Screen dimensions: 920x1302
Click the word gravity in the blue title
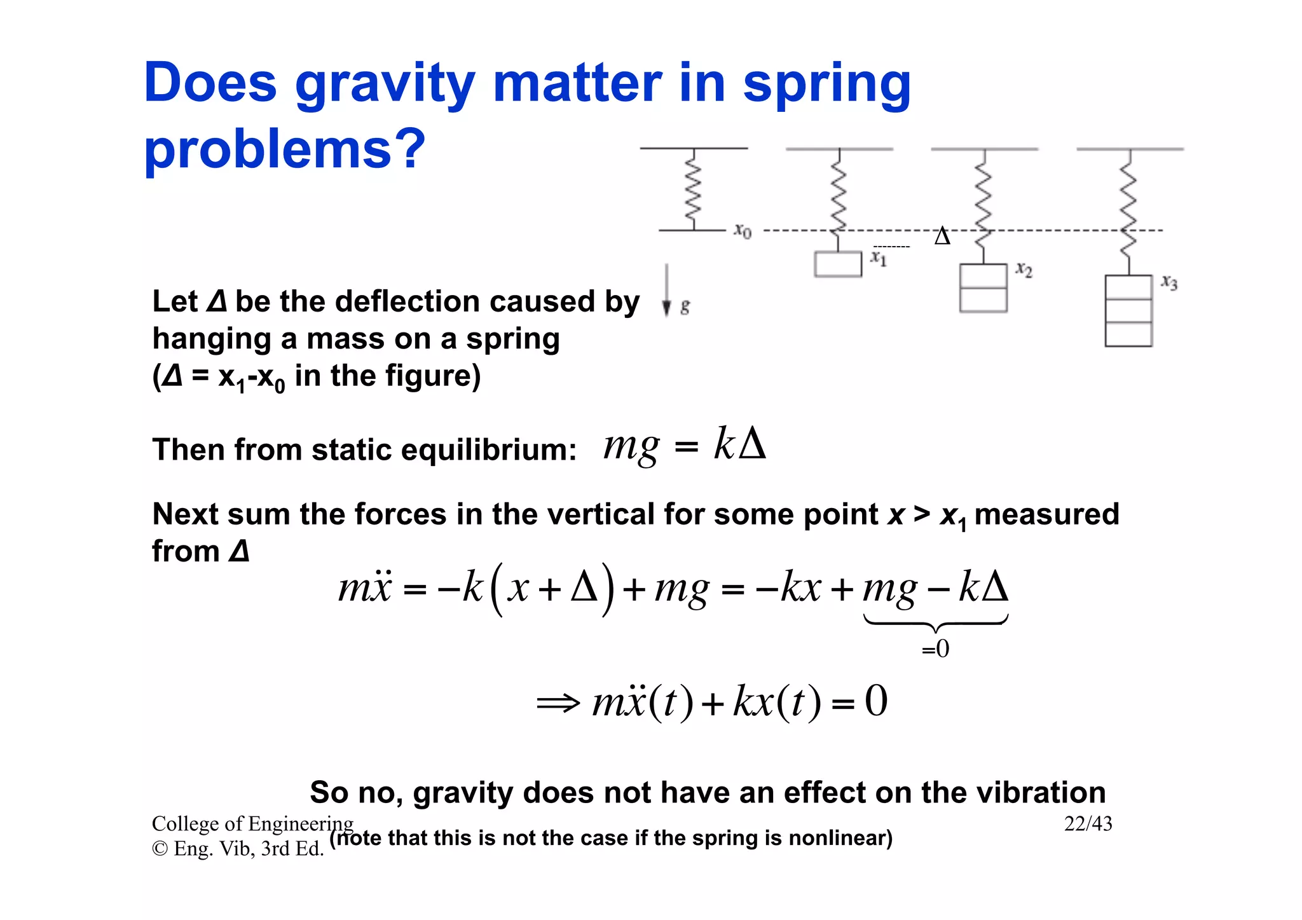point(385,84)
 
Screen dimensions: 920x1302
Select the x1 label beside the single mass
point(879,257)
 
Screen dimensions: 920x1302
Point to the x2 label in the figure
point(1024,270)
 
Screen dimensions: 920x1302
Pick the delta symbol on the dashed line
point(942,237)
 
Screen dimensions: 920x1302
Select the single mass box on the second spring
point(838,264)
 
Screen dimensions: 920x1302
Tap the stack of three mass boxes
point(1128,311)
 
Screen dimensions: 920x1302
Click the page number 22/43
point(1088,824)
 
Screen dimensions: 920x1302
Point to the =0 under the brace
point(935,649)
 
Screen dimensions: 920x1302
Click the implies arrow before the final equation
point(558,703)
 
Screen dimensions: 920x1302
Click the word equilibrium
point(488,450)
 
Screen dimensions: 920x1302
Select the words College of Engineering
point(252,824)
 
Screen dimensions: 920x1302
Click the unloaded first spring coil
point(693,189)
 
